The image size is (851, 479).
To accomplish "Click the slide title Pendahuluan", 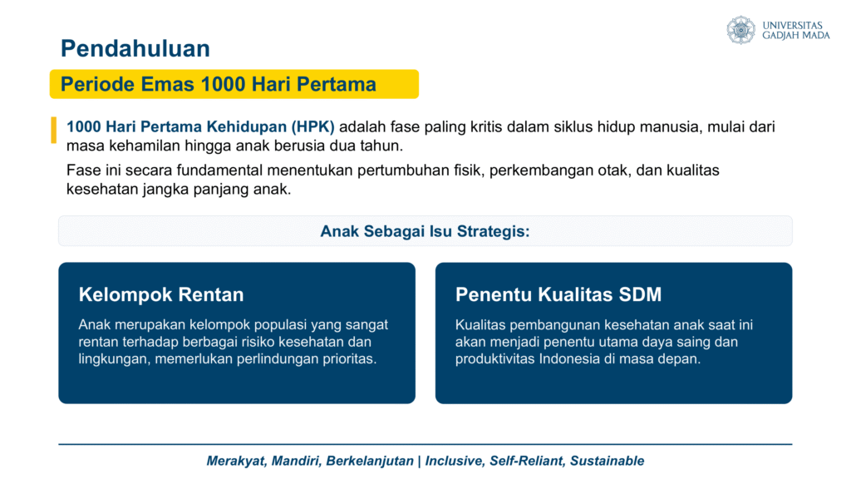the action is coord(135,48).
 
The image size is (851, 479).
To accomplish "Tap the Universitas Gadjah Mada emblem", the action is coord(740,30).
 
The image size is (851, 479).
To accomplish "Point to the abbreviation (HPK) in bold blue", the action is coord(312,127).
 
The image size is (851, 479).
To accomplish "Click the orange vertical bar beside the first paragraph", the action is coord(54,130).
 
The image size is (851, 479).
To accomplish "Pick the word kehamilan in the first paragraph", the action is coord(146,146).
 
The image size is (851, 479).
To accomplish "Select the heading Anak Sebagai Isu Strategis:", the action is coord(425,231).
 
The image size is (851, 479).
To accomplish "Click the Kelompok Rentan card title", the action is coord(161,294).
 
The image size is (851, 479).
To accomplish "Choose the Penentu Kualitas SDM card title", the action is coord(558,294).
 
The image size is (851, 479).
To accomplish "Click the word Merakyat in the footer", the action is coord(237,461).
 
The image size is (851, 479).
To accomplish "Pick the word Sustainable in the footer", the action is coord(608,461).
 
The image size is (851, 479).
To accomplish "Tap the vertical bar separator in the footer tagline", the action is coord(419,461).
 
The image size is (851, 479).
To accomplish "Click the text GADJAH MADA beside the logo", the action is coord(796,35).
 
